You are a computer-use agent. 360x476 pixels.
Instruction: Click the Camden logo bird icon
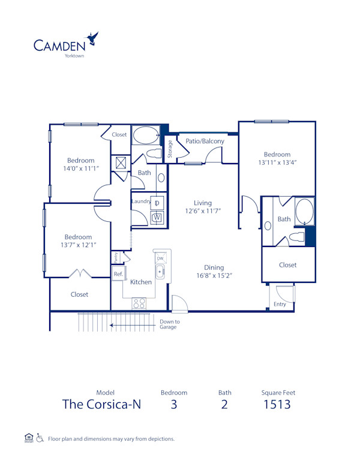click(x=93, y=39)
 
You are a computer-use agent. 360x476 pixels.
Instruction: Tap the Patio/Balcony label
click(x=205, y=141)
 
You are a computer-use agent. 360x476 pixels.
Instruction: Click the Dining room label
click(x=214, y=267)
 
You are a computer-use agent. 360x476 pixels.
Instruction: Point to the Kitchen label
click(x=141, y=282)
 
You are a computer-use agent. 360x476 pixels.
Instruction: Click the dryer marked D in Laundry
click(x=157, y=202)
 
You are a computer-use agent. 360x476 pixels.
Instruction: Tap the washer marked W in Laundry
click(x=157, y=218)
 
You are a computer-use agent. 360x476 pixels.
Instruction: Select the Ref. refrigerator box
click(x=118, y=274)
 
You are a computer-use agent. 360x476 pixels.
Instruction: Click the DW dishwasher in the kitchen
click(x=160, y=258)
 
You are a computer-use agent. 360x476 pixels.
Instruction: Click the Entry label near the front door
click(x=280, y=305)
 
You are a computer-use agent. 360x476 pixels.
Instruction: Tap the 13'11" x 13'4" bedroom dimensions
click(x=278, y=162)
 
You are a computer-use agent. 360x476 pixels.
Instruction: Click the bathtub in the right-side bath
click(x=305, y=212)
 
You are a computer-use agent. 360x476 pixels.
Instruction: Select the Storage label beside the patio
click(x=170, y=148)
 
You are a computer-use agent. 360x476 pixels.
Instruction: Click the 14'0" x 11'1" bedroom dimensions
click(x=80, y=168)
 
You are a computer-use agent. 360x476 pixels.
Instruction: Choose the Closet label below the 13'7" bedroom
click(x=79, y=294)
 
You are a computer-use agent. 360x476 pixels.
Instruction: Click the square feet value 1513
click(x=278, y=404)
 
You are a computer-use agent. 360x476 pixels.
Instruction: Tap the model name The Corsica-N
click(x=101, y=404)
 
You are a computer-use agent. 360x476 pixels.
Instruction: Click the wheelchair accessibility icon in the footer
click(x=40, y=438)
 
